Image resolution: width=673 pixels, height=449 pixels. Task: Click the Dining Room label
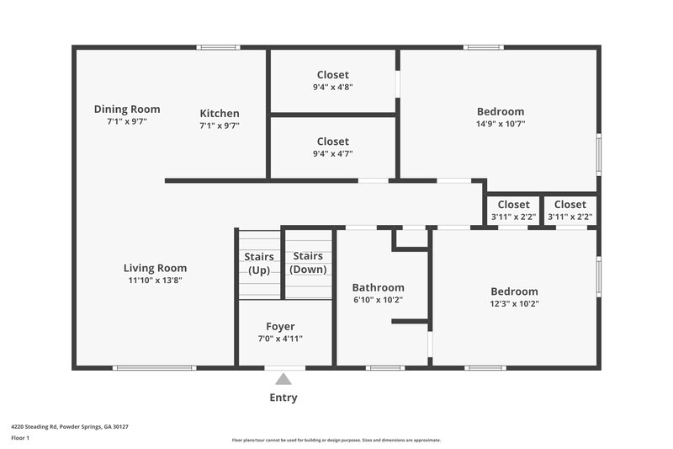click(x=127, y=110)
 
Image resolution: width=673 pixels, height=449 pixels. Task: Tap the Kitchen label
click(x=220, y=114)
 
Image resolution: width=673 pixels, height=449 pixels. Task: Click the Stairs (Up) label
click(x=259, y=263)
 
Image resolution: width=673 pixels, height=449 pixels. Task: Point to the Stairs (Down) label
click(x=308, y=263)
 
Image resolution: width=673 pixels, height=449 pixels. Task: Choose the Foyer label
click(x=280, y=327)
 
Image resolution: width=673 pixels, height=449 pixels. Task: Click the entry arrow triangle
click(x=284, y=380)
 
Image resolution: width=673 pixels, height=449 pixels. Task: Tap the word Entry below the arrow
click(x=284, y=398)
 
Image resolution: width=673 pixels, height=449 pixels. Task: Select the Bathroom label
click(x=378, y=287)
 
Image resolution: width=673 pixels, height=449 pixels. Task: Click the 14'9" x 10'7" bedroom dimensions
click(x=500, y=124)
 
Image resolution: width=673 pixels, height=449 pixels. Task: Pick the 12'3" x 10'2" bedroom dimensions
click(x=514, y=304)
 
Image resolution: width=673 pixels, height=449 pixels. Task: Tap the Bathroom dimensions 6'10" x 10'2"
click(x=378, y=300)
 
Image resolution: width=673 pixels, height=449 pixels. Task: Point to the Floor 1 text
click(x=19, y=438)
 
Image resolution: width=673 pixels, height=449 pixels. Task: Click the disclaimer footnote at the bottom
click(x=336, y=440)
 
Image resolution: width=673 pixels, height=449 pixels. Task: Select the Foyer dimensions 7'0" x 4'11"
click(x=280, y=339)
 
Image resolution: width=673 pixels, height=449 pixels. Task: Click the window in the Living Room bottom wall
click(x=155, y=367)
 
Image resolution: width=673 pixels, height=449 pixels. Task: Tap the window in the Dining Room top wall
click(x=218, y=47)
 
